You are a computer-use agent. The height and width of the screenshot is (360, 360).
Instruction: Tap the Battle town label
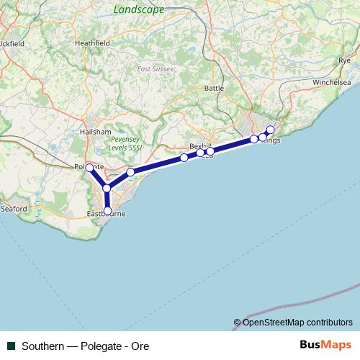pyautogui.click(x=215, y=88)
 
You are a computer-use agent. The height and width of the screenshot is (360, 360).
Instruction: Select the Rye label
pyautogui.click(x=343, y=60)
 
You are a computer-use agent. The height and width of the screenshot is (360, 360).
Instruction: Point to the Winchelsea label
pyautogui.click(x=330, y=83)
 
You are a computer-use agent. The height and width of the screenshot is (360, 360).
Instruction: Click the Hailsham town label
pyautogui.click(x=96, y=132)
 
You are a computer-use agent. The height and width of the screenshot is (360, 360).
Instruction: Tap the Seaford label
pyautogui.click(x=14, y=209)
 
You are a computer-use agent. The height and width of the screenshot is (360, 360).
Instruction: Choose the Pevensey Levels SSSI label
pyautogui.click(x=126, y=143)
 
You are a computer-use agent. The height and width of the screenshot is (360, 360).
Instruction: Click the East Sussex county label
pyautogui.click(x=153, y=69)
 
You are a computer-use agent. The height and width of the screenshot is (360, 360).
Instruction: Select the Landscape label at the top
pyautogui.click(x=139, y=9)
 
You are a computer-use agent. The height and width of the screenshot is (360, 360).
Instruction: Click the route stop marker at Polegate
pyautogui.click(x=89, y=168)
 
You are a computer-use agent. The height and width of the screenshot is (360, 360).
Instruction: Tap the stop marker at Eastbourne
pyautogui.click(x=107, y=211)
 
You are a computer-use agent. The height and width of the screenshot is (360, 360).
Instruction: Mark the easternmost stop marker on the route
pyautogui.click(x=270, y=130)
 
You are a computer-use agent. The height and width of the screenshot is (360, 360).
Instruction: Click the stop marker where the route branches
pyautogui.click(x=107, y=188)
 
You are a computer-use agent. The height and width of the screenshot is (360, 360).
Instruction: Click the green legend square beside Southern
pyautogui.click(x=11, y=346)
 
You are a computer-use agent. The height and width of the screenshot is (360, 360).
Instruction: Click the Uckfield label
pyautogui.click(x=12, y=43)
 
